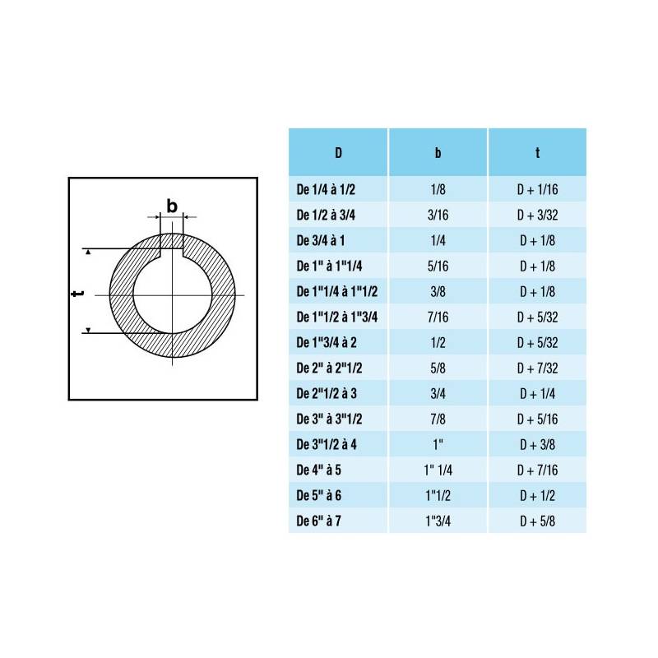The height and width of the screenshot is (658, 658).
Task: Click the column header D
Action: pyautogui.click(x=338, y=153)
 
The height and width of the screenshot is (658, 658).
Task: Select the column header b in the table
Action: pyautogui.click(x=438, y=153)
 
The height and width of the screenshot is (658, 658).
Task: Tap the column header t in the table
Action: pyautogui.click(x=538, y=153)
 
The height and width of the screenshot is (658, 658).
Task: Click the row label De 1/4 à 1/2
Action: pyautogui.click(x=326, y=190)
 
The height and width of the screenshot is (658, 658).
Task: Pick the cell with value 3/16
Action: pyautogui.click(x=438, y=215)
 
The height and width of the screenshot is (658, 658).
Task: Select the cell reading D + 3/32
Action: pyautogui.click(x=538, y=215)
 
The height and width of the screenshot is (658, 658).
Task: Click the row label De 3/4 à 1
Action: pyautogui.click(x=321, y=241)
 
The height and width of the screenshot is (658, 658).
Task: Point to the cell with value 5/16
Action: pyautogui.click(x=438, y=266)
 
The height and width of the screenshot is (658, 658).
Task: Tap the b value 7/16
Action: pyautogui.click(x=438, y=317)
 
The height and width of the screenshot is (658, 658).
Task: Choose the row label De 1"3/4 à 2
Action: pyautogui.click(x=327, y=343)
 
